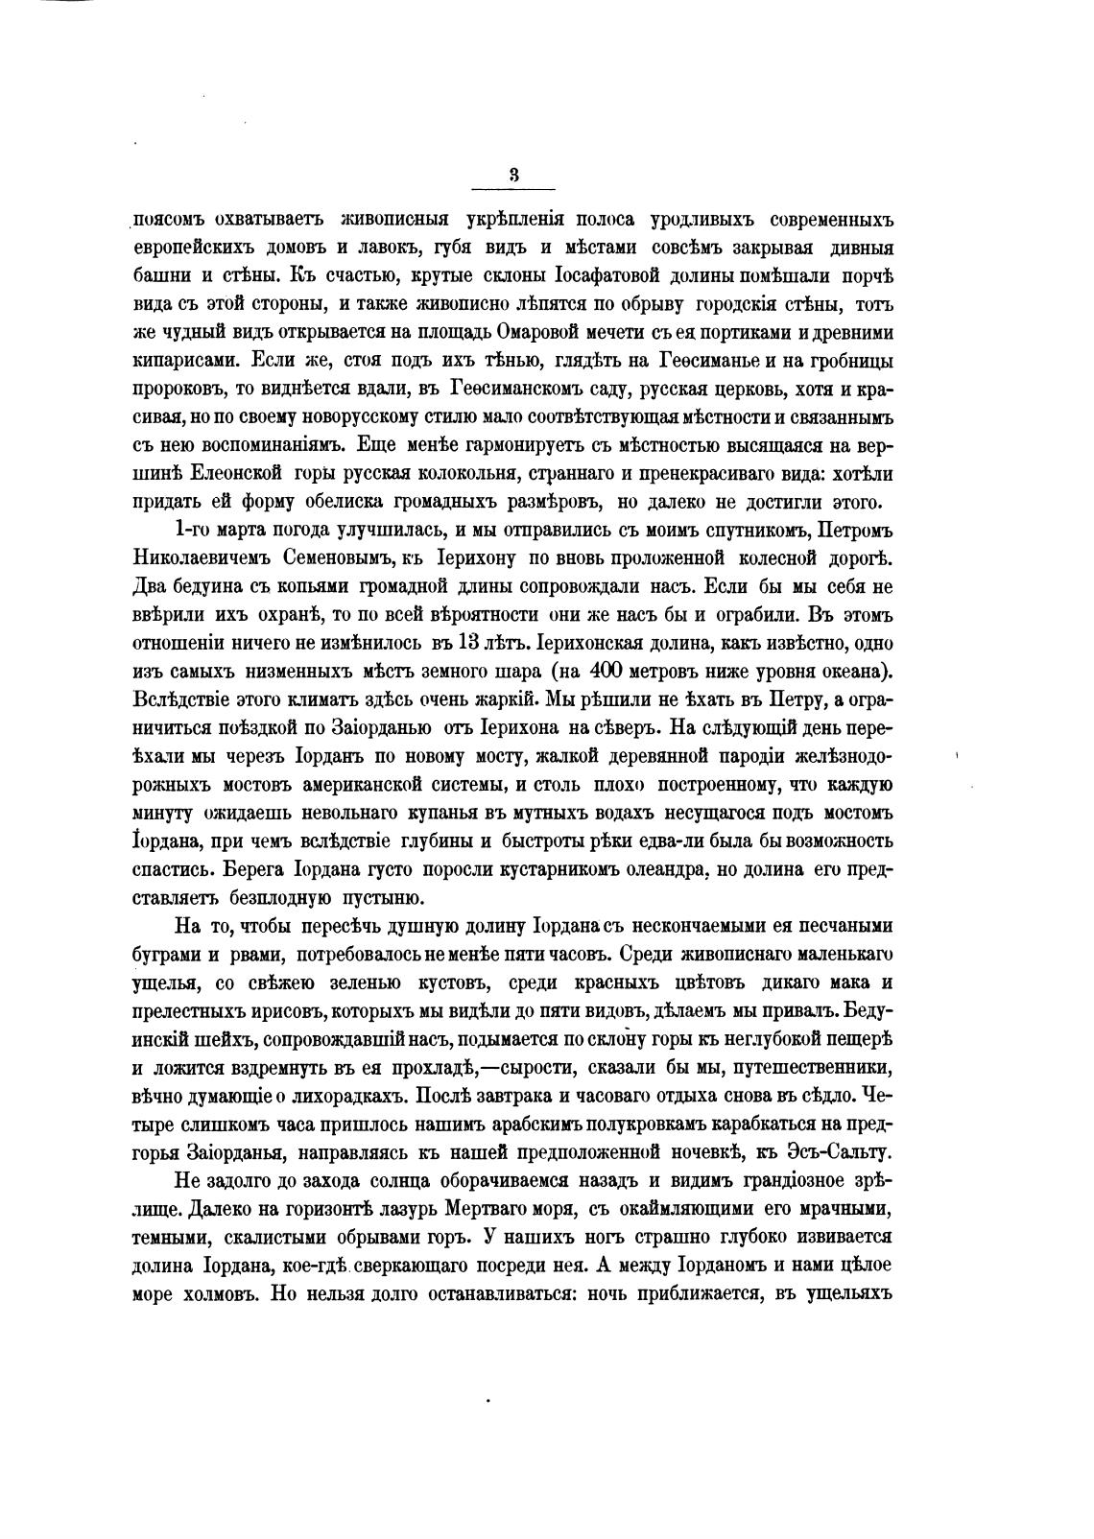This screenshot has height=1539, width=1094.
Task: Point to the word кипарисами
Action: pos(183,362)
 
